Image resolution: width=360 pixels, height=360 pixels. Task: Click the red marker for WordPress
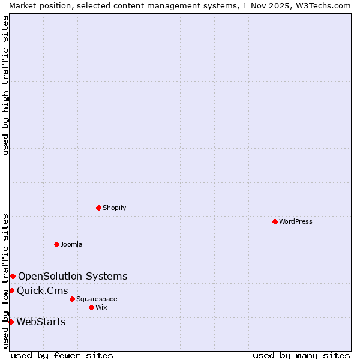275,221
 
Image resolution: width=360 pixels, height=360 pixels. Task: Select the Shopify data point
98,208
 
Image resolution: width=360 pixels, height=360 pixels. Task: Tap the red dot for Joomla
56,244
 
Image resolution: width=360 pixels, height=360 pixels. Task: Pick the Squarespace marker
72,299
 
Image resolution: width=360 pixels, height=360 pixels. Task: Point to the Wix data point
91,307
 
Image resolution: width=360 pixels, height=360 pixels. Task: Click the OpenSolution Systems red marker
13,276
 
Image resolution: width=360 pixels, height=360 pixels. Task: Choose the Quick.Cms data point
11,290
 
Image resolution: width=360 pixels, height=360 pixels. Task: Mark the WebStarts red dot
11,322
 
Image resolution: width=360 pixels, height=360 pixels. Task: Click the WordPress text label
296,221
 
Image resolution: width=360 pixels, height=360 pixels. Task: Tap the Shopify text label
114,208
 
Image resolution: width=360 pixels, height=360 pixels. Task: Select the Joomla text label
71,244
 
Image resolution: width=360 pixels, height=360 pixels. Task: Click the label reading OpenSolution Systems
73,276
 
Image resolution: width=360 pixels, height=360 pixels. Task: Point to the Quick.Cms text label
42,290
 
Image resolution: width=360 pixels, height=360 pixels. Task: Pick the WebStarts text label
41,322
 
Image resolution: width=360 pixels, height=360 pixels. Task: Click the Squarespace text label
97,299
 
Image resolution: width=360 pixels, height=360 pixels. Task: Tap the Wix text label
101,307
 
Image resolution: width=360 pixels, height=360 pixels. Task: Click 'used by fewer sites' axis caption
62,355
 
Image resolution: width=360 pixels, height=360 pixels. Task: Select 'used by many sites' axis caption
301,355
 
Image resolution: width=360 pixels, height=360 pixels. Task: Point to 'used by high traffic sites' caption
5,85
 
